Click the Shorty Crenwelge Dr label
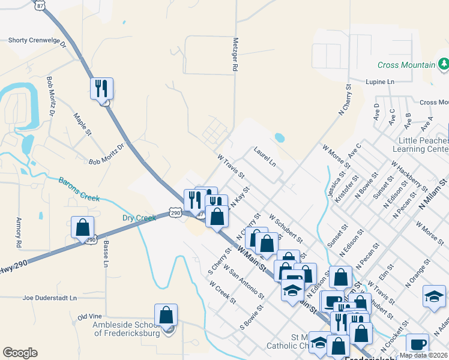tap(36, 41)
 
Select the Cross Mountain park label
tap(406, 65)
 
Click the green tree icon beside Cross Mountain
tap(444, 64)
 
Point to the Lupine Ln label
tap(381, 81)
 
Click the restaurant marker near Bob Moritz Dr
tap(101, 89)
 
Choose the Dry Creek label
tap(139, 218)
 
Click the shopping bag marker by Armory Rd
tap(83, 228)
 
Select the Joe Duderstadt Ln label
tap(50, 298)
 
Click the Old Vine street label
tap(90, 316)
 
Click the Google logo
tap(20, 353)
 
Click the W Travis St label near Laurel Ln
tap(231, 167)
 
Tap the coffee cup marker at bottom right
tap(417, 344)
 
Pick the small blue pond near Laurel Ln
tap(279, 137)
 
